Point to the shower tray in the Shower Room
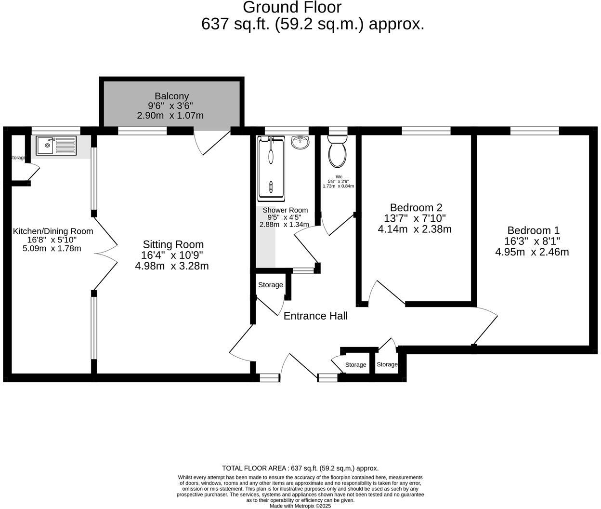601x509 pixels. pyautogui.click(x=271, y=169)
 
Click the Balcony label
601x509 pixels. pyautogui.click(x=171, y=96)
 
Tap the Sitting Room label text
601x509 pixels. pyautogui.click(x=173, y=244)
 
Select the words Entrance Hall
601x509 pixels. pyautogui.click(x=315, y=316)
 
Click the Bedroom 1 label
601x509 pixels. pyautogui.click(x=533, y=230)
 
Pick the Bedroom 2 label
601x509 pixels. pyautogui.click(x=416, y=208)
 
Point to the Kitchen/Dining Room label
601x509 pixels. pyautogui.click(x=52, y=231)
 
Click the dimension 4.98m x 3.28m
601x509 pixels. pyautogui.click(x=172, y=266)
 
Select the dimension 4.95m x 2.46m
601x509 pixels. pyautogui.click(x=532, y=252)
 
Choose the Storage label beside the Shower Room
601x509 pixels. pyautogui.click(x=270, y=285)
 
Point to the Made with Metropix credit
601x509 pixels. pyautogui.click(x=300, y=506)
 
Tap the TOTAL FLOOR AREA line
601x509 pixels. pyautogui.click(x=300, y=468)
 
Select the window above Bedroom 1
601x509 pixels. pyautogui.click(x=535, y=131)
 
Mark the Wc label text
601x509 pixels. pyautogui.click(x=339, y=176)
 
